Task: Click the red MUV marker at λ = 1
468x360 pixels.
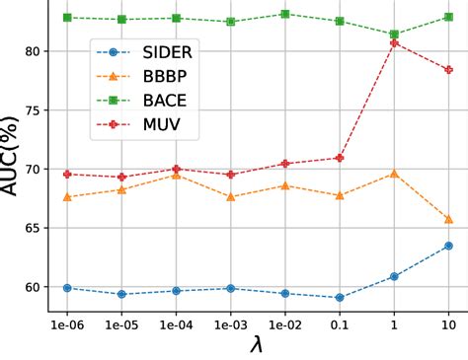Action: coord(394,42)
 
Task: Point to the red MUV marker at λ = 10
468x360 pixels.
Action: coord(448,70)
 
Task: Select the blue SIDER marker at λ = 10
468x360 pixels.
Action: coord(448,246)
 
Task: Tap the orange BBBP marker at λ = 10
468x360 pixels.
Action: coord(448,219)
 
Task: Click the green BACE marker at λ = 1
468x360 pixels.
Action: coord(394,35)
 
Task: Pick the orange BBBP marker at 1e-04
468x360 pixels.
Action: coord(176,175)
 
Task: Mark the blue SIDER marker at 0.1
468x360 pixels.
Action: coord(340,298)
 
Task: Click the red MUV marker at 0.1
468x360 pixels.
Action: coord(340,158)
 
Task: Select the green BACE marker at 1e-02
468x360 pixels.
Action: coord(284,14)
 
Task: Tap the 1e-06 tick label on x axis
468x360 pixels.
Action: coord(66,324)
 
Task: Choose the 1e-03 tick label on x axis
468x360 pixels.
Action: coord(230,324)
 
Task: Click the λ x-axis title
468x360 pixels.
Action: coord(257,345)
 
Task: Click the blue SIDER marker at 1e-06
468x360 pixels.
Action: coord(67,288)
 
